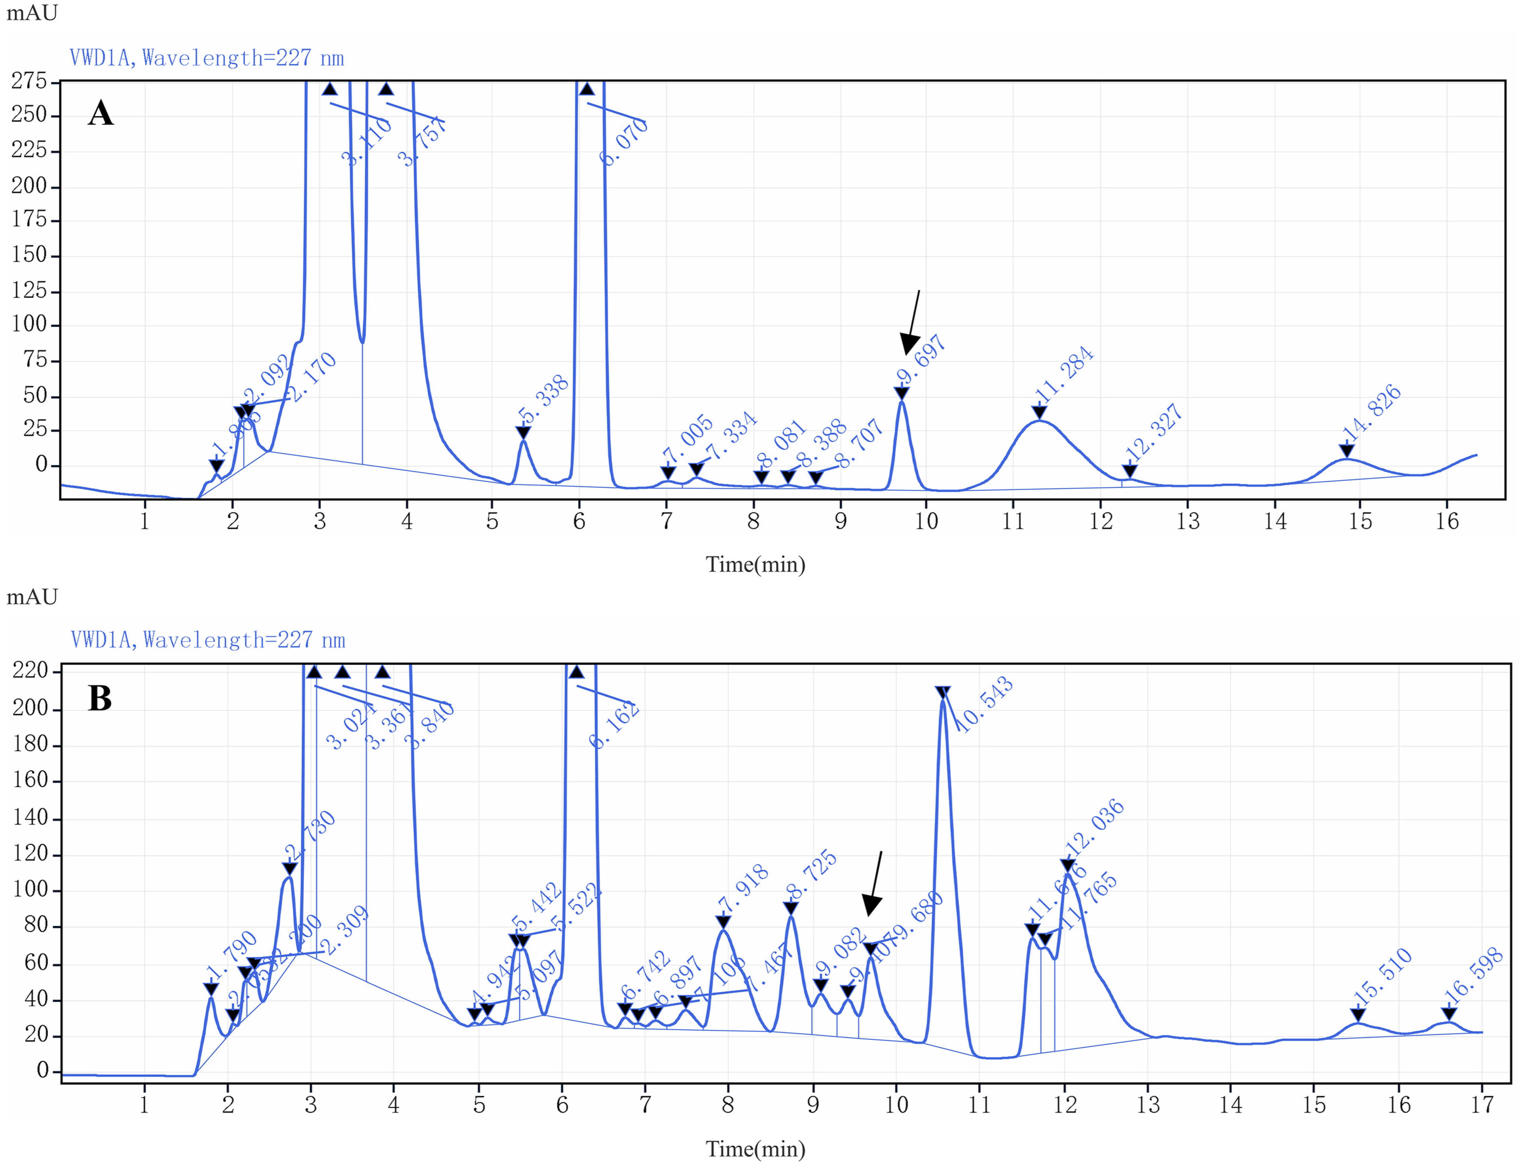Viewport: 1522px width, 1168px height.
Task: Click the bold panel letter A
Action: click(101, 113)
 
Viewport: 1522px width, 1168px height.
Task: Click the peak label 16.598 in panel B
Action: click(1473, 975)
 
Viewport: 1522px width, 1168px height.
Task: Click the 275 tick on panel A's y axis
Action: click(29, 81)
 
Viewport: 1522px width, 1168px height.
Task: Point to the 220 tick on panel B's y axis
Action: click(31, 670)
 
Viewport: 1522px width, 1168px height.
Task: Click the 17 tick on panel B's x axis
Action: click(1482, 1105)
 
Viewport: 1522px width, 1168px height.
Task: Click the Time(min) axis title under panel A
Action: click(756, 564)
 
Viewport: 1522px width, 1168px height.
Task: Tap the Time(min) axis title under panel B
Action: click(756, 1149)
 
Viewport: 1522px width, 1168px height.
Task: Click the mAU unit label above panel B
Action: click(32, 596)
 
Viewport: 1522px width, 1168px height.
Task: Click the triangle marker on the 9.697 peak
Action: click(902, 394)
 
